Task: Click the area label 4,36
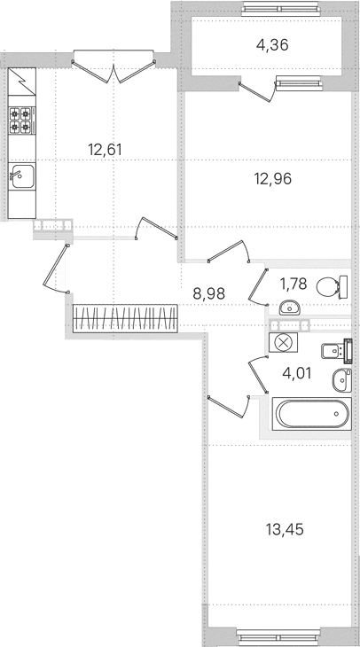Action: pyautogui.click(x=272, y=44)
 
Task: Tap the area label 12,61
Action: pyautogui.click(x=105, y=149)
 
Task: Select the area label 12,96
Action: pyautogui.click(x=273, y=179)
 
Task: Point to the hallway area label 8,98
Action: pyautogui.click(x=209, y=293)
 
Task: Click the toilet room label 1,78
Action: pyautogui.click(x=293, y=284)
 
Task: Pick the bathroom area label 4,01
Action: pyautogui.click(x=296, y=373)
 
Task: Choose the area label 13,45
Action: pyautogui.click(x=285, y=528)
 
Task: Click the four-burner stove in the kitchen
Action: pyautogui.click(x=22, y=120)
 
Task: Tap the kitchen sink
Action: pyautogui.click(x=22, y=175)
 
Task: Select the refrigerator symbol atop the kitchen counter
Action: pyautogui.click(x=22, y=82)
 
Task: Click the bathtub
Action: pyautogui.click(x=312, y=414)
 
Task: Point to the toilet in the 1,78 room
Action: pyautogui.click(x=332, y=287)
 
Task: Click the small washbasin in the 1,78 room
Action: pyautogui.click(x=289, y=308)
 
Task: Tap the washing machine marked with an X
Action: pyautogui.click(x=283, y=342)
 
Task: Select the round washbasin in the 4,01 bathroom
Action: pyautogui.click(x=342, y=380)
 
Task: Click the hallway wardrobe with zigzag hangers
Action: pyautogui.click(x=125, y=318)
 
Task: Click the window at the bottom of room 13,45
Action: pyautogui.click(x=278, y=635)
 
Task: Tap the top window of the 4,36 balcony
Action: pyautogui.click(x=281, y=9)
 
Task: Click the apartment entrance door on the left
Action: pyautogui.click(x=56, y=269)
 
